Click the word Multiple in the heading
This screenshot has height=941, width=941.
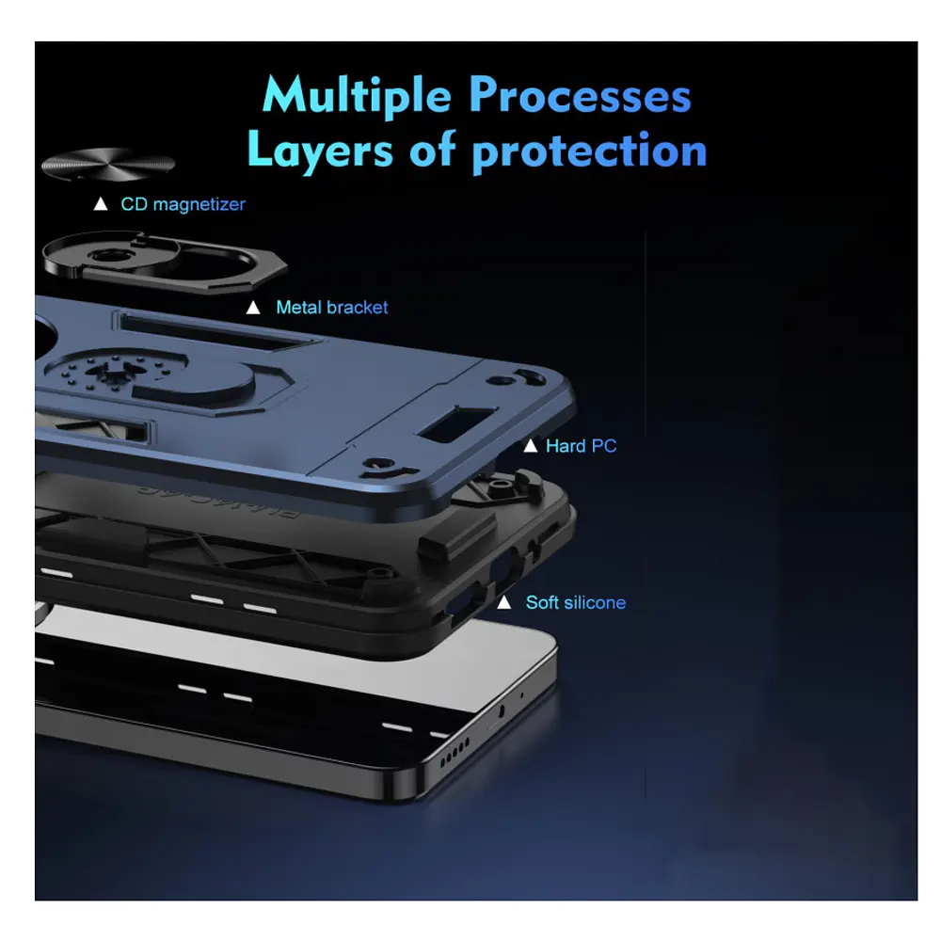click(357, 96)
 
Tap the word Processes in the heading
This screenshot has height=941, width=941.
click(580, 95)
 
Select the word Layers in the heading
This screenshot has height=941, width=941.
click(320, 150)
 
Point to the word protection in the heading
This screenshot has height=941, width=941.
click(589, 152)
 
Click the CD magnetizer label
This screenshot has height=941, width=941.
click(183, 204)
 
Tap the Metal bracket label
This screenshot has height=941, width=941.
click(332, 308)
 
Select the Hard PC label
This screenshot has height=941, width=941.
click(581, 446)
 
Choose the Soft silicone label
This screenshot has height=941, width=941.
click(576, 602)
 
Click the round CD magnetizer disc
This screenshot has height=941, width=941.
click(108, 164)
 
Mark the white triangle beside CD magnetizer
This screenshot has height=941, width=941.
click(101, 204)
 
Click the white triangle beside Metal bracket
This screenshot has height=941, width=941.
click(253, 308)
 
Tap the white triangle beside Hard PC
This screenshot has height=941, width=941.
click(530, 446)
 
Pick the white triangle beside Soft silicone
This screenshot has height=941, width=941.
click(504, 602)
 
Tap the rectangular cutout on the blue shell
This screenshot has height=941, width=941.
click(457, 424)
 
